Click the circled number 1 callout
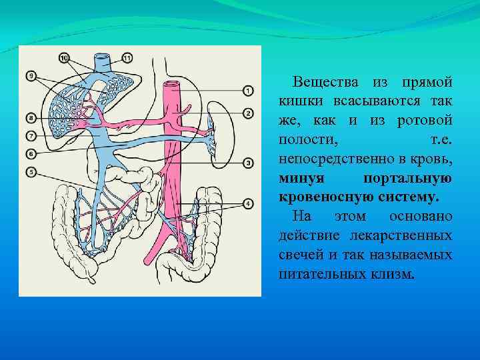click(x=248, y=90)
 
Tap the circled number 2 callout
click(x=248, y=113)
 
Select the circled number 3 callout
click(x=248, y=162)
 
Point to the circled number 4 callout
click(x=248, y=203)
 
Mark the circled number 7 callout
click(x=31, y=136)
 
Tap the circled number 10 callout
click(x=65, y=59)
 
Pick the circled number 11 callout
click(x=127, y=59)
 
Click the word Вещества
click(x=323, y=82)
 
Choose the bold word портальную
click(x=408, y=179)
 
